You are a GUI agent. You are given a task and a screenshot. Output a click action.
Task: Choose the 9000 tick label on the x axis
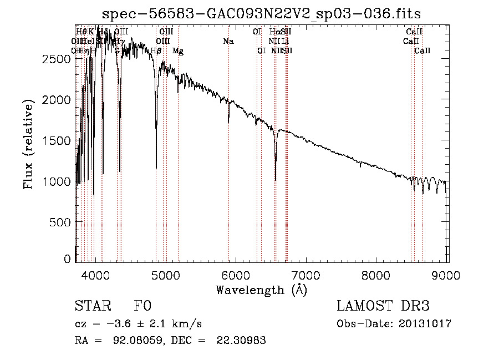click(x=447, y=275)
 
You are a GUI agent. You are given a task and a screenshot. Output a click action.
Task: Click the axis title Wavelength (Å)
click(x=261, y=290)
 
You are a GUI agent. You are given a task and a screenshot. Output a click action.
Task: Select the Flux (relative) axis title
click(x=29, y=143)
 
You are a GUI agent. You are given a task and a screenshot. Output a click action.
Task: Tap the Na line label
click(x=228, y=41)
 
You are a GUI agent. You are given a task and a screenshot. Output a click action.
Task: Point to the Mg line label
click(x=177, y=50)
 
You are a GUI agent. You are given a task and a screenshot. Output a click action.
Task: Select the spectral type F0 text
click(x=142, y=307)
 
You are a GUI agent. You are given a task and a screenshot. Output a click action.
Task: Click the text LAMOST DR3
click(x=383, y=307)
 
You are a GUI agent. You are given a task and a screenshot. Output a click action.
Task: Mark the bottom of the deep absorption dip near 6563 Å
click(x=276, y=180)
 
